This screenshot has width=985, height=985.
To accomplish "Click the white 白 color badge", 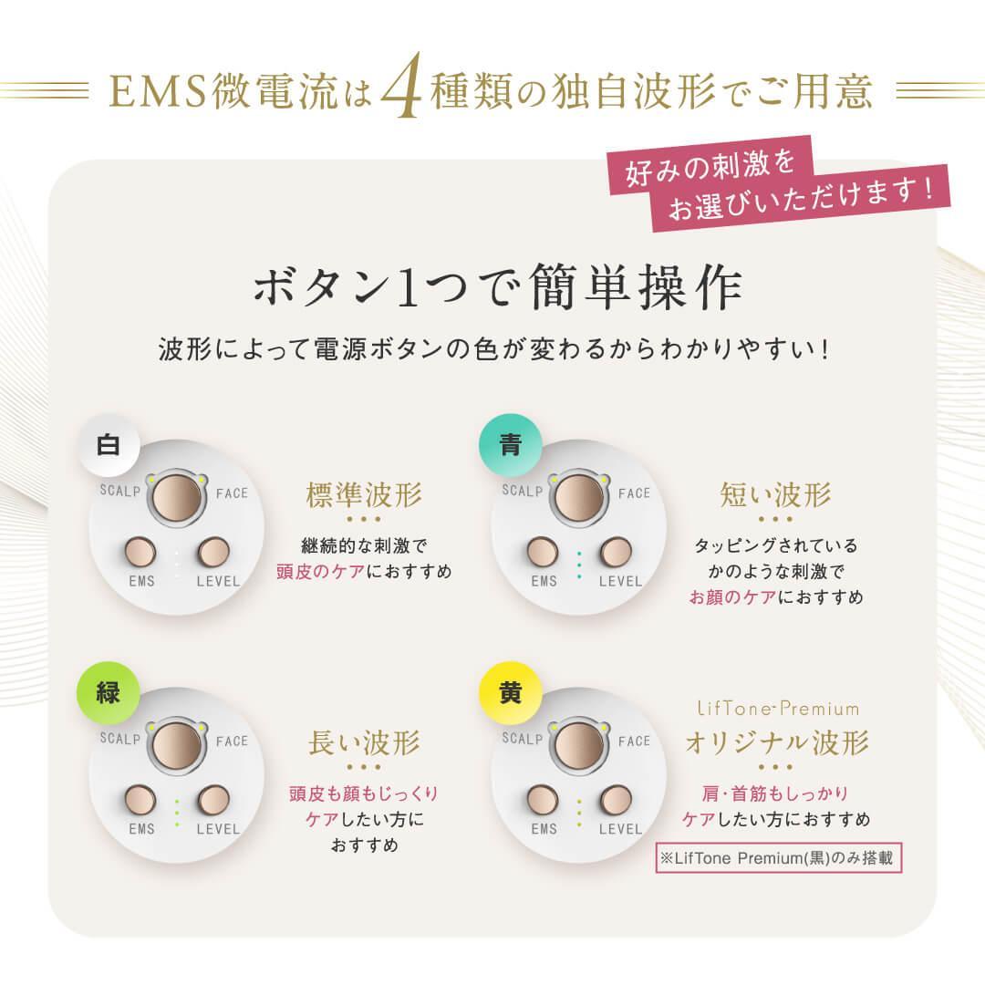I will click(109, 446).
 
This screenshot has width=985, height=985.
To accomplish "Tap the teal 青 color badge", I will click(511, 446).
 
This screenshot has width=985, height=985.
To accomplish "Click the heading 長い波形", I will click(363, 743).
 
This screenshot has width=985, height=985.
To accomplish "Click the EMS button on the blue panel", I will click(543, 552).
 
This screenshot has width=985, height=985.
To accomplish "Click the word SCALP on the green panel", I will click(119, 740).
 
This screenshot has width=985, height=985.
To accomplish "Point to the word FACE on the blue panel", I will click(634, 493).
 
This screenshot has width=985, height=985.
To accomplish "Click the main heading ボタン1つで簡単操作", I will click(497, 289).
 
